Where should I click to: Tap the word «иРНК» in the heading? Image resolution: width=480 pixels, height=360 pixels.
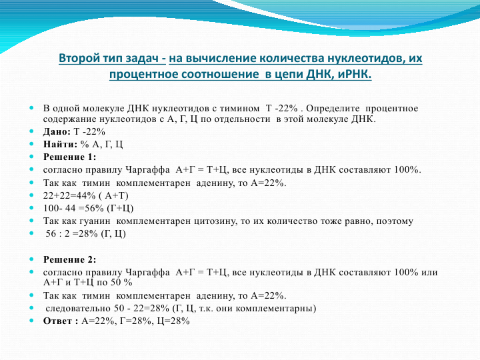tap(355, 74)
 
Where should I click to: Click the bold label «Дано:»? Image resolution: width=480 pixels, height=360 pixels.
tap(57, 131)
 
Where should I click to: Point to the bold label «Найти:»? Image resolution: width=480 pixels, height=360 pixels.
tap(60, 144)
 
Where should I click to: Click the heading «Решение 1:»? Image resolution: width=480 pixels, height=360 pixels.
tap(70, 157)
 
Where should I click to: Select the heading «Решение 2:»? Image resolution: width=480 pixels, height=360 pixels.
tap(70, 259)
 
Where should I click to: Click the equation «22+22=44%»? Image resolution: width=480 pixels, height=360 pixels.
tap(69, 195)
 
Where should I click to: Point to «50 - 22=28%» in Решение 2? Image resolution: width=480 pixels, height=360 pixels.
tap(141, 308)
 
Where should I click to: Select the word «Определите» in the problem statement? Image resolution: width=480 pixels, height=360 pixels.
tap(333, 109)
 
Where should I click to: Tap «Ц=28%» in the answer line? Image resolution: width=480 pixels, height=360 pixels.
tap(173, 321)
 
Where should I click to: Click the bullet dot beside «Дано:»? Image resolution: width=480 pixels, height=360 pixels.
tap(31, 131)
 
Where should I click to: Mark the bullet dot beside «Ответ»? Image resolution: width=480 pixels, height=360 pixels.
tap(31, 321)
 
